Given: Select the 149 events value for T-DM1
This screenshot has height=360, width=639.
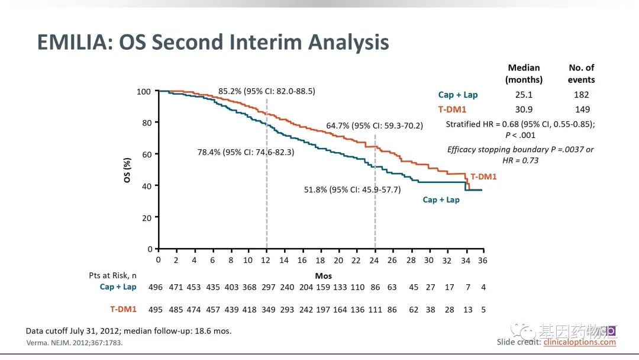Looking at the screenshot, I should pos(582,110).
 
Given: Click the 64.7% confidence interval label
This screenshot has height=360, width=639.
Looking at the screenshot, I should pos(375,126).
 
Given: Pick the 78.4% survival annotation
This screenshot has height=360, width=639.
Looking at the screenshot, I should pos(246,152).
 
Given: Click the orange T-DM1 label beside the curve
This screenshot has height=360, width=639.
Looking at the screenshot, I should pos(483,176).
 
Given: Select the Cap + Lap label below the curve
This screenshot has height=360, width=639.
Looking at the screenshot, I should pos(441,200).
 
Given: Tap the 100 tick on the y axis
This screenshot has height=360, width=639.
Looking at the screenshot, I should pos(144,91).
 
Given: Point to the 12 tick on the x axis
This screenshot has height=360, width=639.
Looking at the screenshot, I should pos(267,261).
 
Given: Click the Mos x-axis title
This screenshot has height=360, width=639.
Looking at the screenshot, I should pos(323,276).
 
